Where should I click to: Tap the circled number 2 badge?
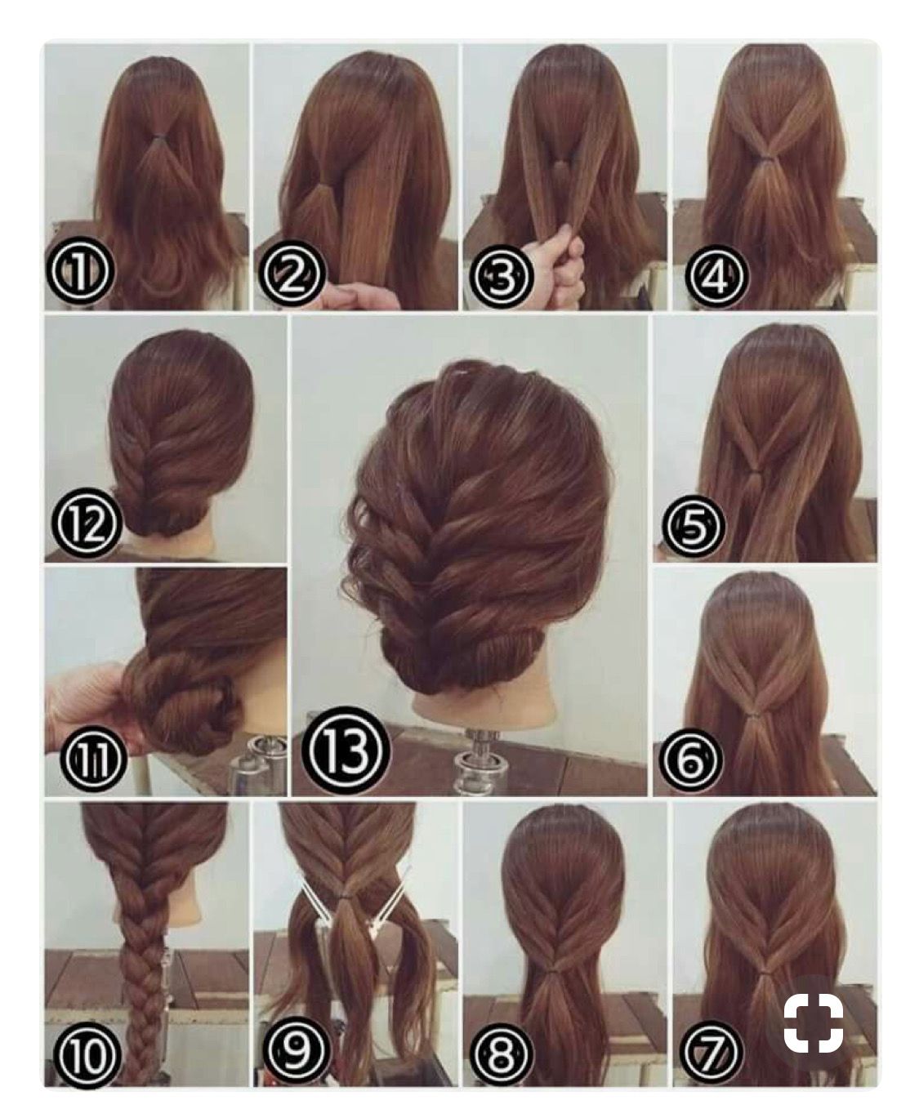[291, 274]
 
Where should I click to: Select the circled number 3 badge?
[500, 274]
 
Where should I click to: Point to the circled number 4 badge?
[716, 274]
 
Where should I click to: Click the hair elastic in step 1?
[158, 138]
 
